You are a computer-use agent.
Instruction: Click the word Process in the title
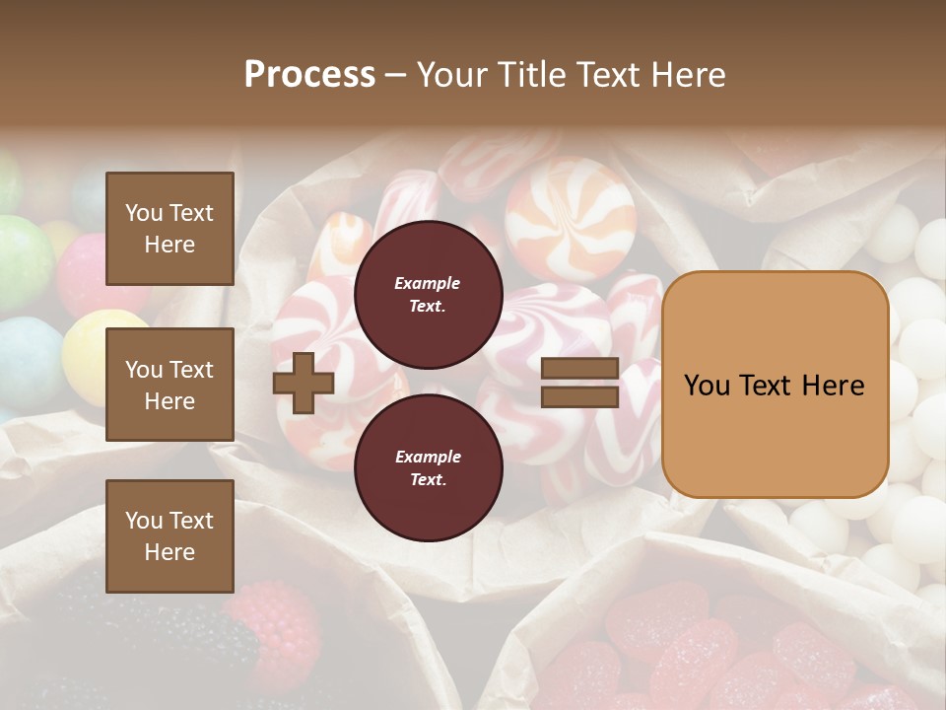click(309, 75)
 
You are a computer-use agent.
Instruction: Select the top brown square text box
click(169, 229)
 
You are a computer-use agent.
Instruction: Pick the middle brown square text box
click(169, 385)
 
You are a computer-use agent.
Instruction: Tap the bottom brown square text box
click(169, 535)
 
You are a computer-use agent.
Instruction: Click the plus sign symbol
click(304, 383)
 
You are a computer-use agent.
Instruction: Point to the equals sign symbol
click(579, 383)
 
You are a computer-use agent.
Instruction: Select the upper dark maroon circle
click(428, 294)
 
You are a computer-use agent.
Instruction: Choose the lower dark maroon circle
click(428, 467)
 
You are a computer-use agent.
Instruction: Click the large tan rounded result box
click(775, 385)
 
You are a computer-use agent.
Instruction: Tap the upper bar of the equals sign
click(579, 369)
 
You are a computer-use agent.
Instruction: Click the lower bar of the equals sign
click(579, 396)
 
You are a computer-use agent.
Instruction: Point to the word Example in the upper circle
click(427, 283)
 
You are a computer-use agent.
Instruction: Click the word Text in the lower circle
click(427, 479)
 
